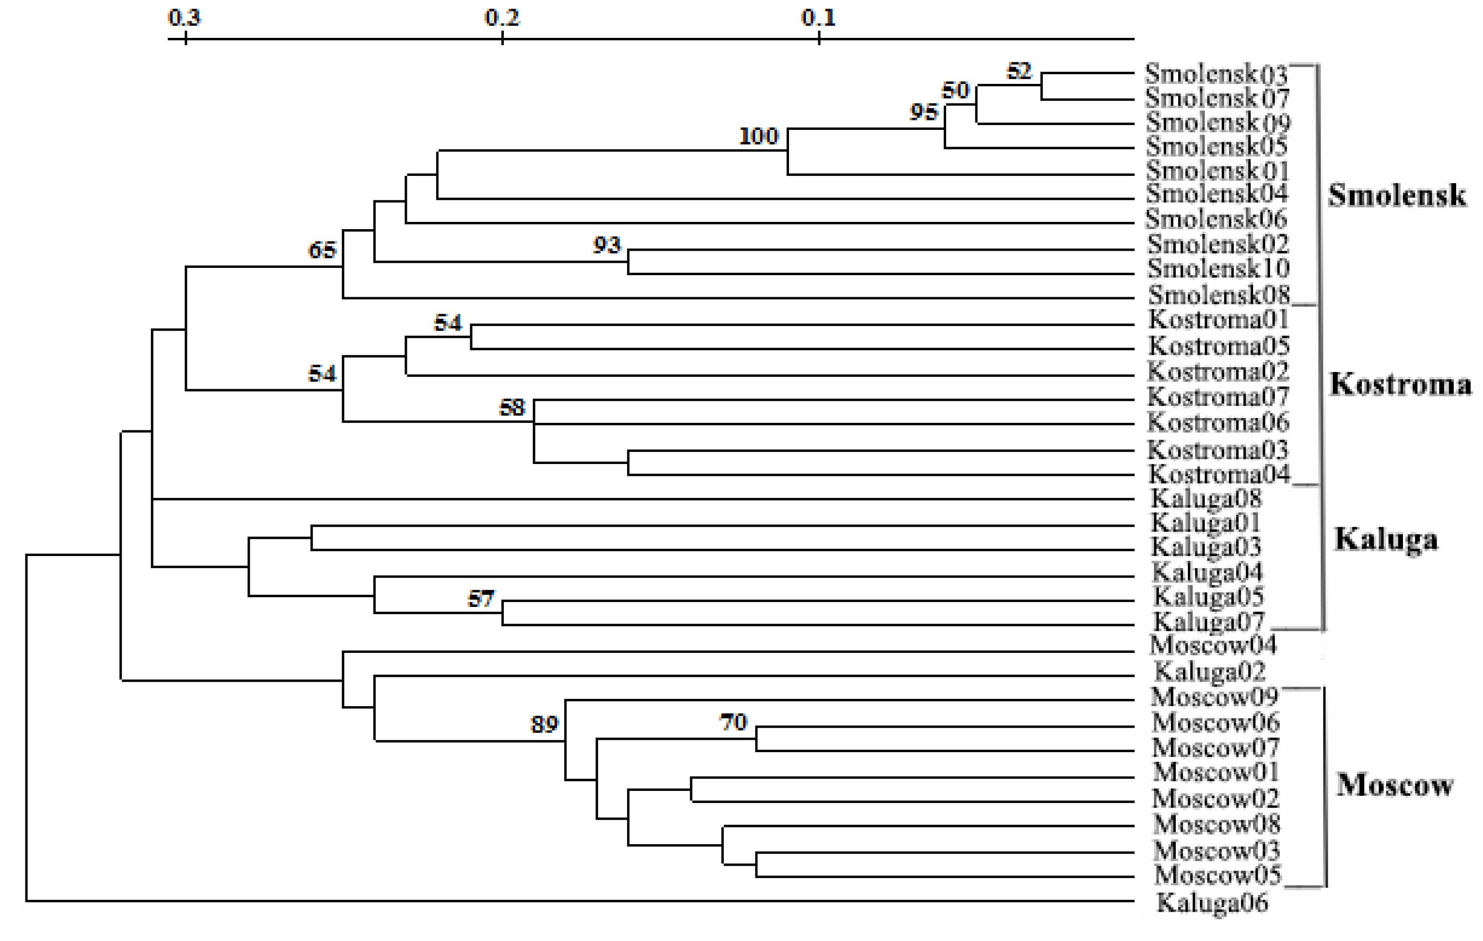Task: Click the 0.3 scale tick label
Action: (184, 17)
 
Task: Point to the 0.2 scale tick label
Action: (502, 17)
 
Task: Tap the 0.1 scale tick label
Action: (819, 17)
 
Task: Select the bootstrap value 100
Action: (759, 136)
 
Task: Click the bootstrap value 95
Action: (924, 112)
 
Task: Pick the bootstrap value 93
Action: (607, 245)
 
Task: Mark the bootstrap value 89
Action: (544, 724)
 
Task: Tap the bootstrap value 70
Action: (733, 722)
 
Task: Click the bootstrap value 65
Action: (322, 250)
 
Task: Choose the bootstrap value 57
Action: (480, 599)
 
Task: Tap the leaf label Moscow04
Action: (1213, 645)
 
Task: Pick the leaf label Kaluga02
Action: (1210, 671)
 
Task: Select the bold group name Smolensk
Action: (1397, 195)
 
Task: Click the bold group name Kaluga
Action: (1386, 539)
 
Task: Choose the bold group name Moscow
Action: (1395, 785)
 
